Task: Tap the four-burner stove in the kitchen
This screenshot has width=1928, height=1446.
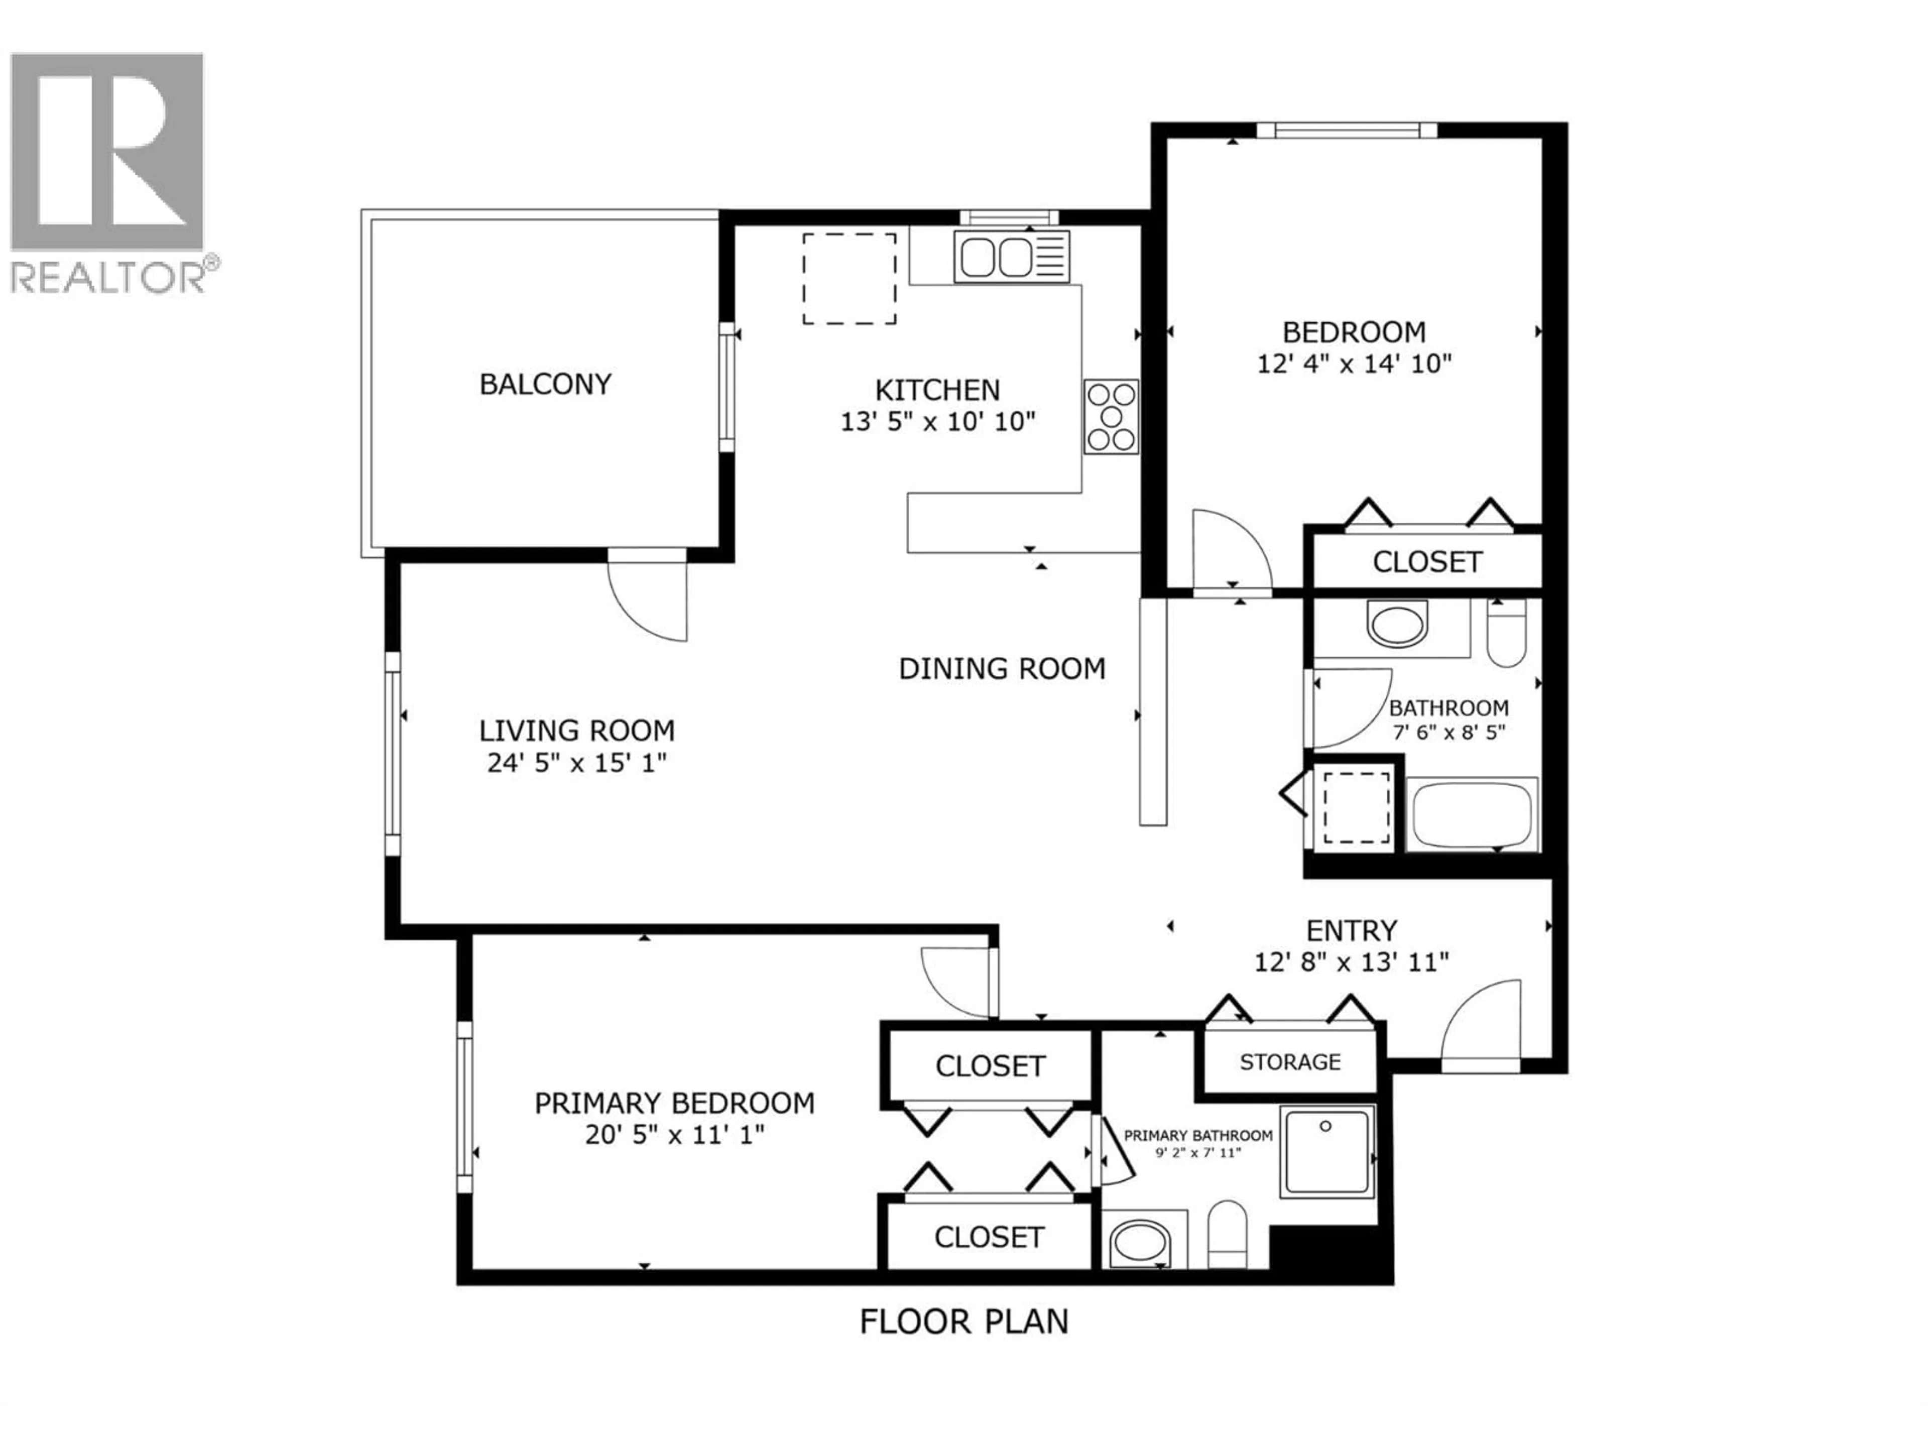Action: point(1111,417)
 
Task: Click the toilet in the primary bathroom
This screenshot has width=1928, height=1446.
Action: point(1227,1233)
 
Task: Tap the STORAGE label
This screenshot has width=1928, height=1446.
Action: point(1290,1061)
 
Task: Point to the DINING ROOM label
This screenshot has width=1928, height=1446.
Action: point(1002,669)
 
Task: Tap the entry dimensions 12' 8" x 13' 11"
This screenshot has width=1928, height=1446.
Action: point(1351,962)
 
